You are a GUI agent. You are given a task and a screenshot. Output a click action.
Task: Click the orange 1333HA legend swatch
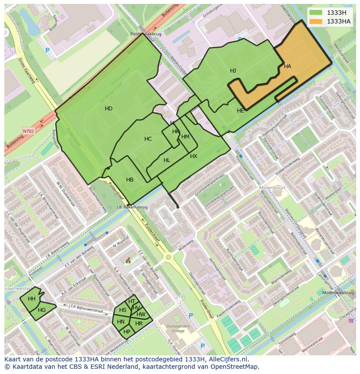coord(316,21)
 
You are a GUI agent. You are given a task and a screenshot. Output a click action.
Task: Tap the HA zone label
coord(287,66)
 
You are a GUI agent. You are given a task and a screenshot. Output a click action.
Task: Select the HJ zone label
coord(233,71)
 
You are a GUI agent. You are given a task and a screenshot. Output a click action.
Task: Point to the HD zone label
coord(109,109)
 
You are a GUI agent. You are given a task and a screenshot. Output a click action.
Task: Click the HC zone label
coord(148,139)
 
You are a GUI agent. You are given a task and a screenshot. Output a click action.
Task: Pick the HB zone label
coord(130,180)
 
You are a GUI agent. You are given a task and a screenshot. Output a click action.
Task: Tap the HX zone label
coord(193,156)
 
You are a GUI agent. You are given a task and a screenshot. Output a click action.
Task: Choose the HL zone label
coord(167,160)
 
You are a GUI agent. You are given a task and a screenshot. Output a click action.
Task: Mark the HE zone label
coord(240,111)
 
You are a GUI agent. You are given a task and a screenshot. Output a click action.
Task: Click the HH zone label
coord(32,299)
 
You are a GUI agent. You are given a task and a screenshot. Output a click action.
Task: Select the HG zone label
coord(42,310)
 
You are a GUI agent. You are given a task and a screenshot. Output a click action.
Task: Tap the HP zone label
coord(127,331)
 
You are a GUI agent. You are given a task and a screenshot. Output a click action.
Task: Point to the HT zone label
coord(132,301)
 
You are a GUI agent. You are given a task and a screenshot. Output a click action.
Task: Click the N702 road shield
coord(28,130)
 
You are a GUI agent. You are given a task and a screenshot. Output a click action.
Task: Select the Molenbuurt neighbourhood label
coord(272,188)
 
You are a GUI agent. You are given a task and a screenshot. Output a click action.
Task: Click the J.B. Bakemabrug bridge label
coord(132,207)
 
